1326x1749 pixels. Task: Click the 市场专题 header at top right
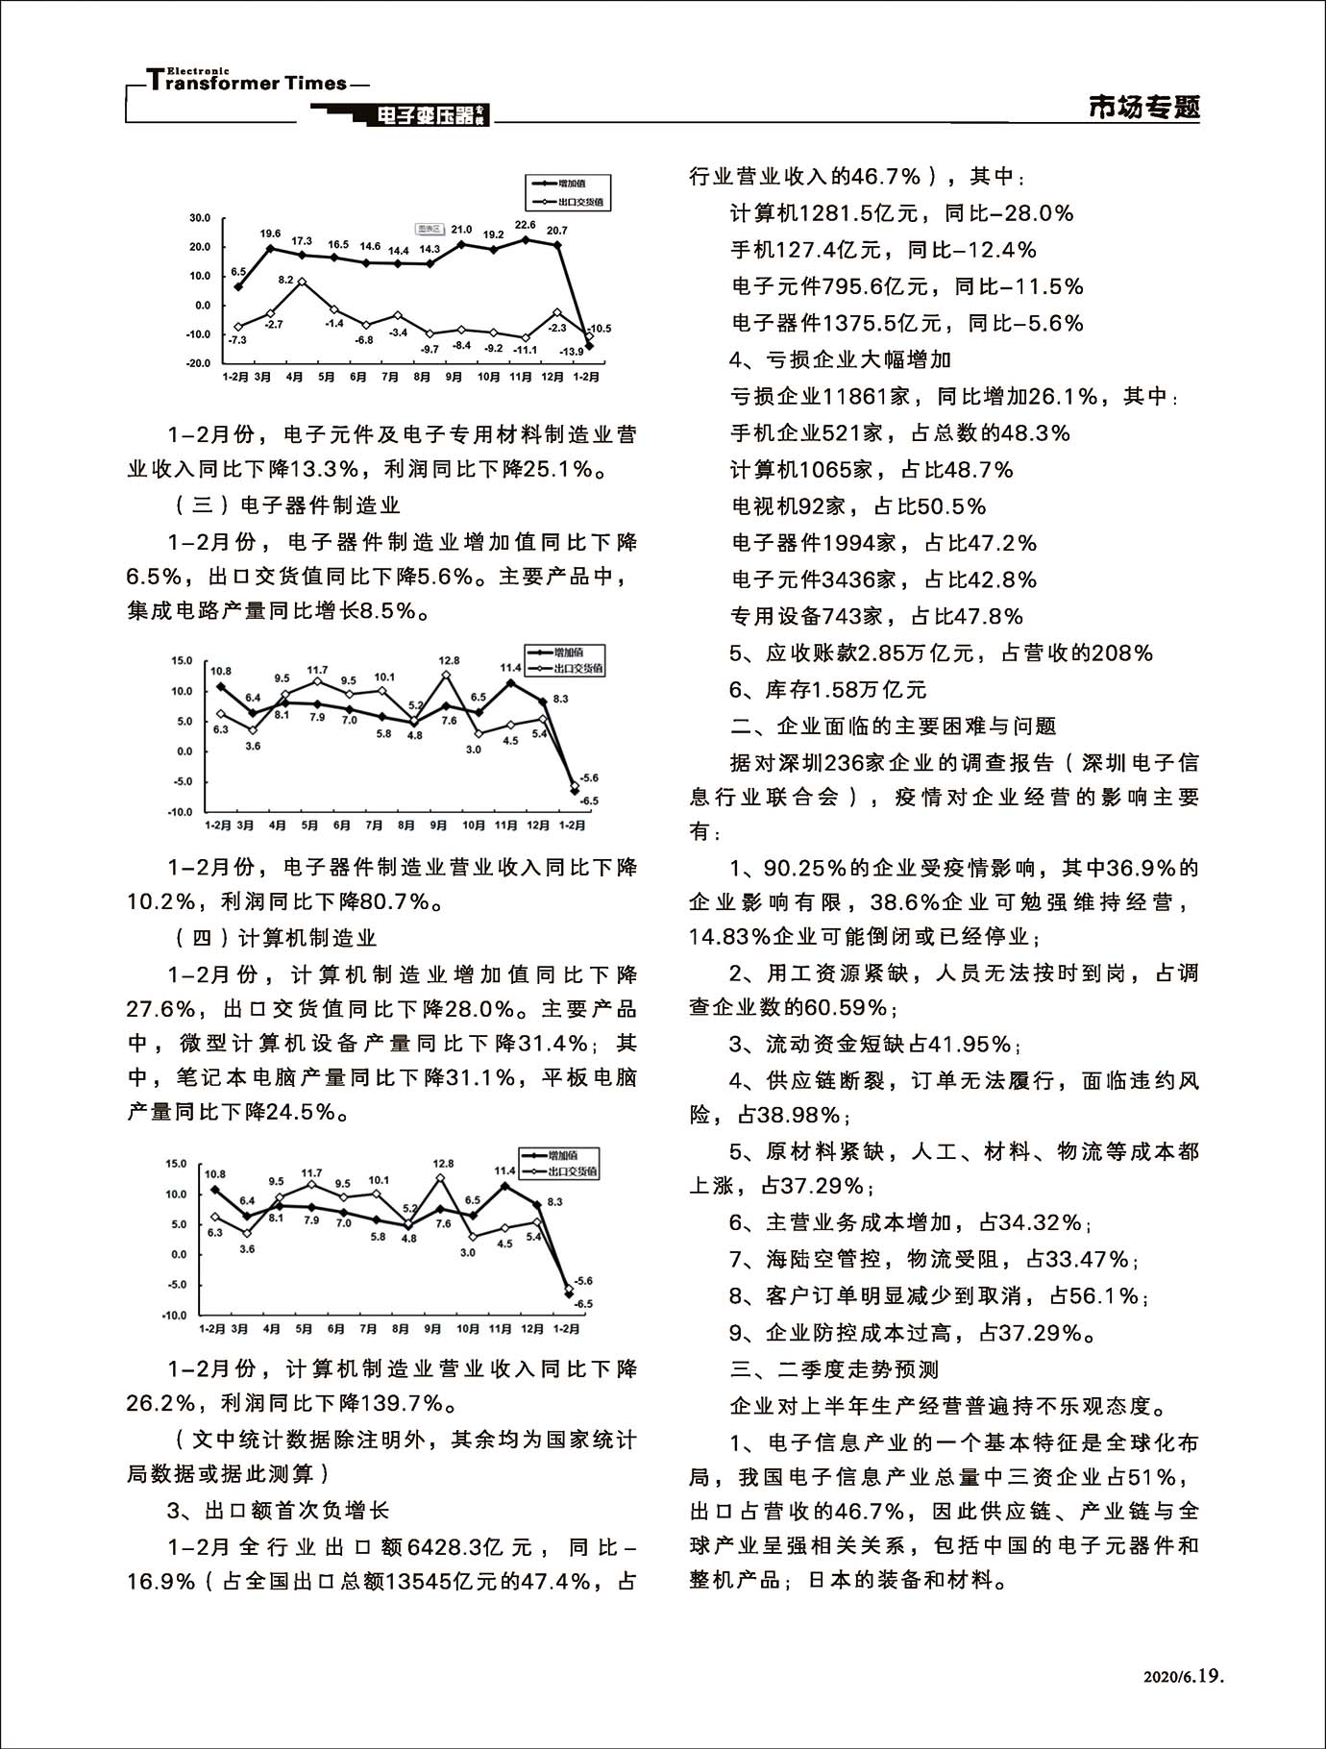(1143, 107)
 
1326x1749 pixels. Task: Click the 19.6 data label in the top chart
(270, 234)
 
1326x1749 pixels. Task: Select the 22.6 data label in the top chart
(525, 225)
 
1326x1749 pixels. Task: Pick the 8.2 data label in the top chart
(285, 280)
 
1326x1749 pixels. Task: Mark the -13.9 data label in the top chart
(572, 352)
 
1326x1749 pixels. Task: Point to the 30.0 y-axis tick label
(200, 218)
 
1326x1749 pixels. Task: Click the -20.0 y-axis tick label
(198, 364)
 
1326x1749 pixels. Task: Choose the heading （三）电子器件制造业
(285, 505)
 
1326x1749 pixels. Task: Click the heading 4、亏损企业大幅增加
(840, 359)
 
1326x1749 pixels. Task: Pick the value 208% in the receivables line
(1118, 653)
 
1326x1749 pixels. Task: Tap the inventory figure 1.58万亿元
(870, 690)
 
